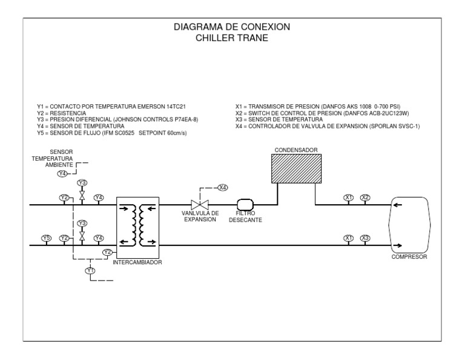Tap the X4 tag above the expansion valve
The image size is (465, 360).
coord(223,187)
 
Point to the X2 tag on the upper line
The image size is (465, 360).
coord(365,198)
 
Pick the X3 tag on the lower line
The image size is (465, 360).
coord(365,238)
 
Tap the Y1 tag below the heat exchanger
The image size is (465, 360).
coord(90,270)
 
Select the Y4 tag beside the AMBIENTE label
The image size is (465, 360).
coord(62,174)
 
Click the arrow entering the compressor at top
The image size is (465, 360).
coord(397,205)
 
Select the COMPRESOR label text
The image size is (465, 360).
coord(409,257)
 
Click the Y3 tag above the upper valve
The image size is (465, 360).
coord(82,183)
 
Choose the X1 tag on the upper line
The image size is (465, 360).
coord(349,198)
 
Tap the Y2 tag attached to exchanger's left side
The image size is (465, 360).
coord(107,252)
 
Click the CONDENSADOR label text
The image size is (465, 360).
coord(296,148)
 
